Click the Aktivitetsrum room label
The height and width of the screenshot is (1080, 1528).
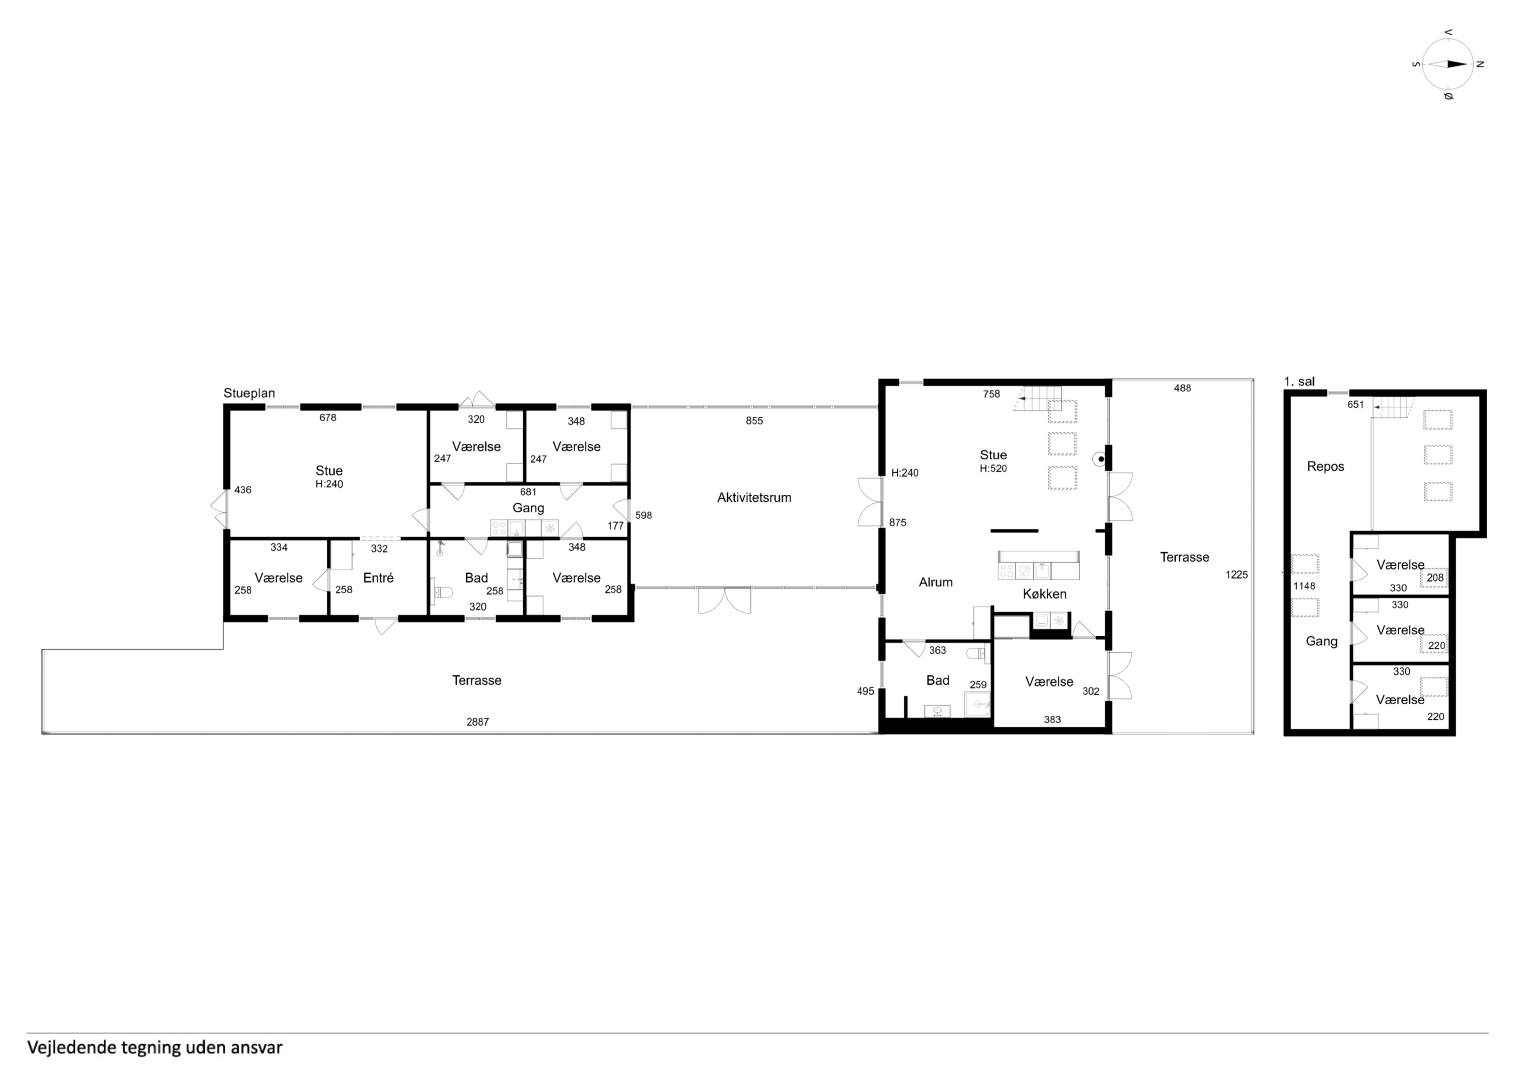point(754,497)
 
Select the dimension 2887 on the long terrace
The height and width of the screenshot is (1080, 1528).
point(477,722)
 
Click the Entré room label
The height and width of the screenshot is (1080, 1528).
point(378,578)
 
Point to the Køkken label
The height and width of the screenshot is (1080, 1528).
point(1044,594)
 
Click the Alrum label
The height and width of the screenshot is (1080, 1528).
point(936,582)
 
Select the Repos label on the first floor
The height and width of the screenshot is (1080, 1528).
point(1326,467)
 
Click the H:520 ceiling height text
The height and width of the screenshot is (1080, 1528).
point(993,468)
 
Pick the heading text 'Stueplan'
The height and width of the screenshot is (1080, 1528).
point(249,393)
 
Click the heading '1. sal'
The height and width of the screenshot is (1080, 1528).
point(1299,382)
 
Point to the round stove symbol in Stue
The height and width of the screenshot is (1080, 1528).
point(1101,459)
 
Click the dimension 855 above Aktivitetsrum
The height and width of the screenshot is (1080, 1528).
point(754,421)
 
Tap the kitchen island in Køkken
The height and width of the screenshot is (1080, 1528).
point(1039,565)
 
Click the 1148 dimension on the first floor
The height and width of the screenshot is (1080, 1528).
point(1304,586)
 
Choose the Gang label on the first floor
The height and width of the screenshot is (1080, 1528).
point(1322,642)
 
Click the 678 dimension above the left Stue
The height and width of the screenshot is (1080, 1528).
point(328,418)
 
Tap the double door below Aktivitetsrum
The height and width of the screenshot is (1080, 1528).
point(725,600)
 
